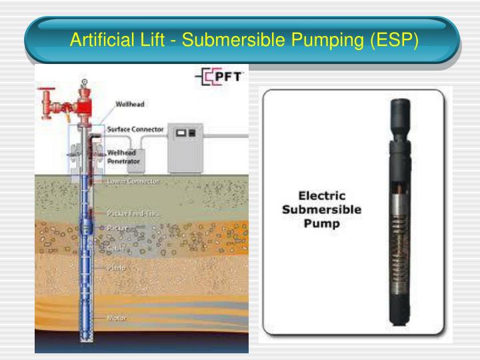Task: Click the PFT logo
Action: [220, 77]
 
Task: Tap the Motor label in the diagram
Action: [117, 318]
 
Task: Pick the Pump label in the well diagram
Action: [116, 267]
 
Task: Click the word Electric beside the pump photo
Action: [323, 196]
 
